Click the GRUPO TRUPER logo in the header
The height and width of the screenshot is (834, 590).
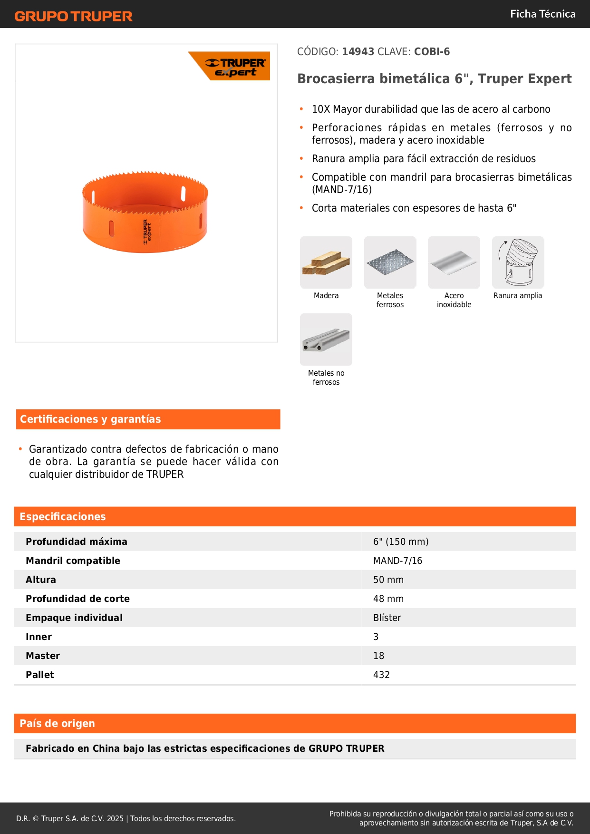pyautogui.click(x=73, y=16)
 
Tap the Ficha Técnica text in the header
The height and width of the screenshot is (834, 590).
pyautogui.click(x=542, y=14)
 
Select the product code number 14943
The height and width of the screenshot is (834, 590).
pyautogui.click(x=358, y=52)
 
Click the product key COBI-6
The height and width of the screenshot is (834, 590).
pyautogui.click(x=432, y=52)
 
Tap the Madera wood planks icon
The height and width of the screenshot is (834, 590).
pyautogui.click(x=326, y=262)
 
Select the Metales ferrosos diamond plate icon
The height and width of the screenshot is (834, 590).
pyautogui.click(x=390, y=262)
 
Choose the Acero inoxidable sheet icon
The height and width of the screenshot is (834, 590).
pyautogui.click(x=454, y=262)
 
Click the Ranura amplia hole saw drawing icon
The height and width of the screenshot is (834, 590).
pyautogui.click(x=518, y=262)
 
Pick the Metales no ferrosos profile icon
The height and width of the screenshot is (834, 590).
pyautogui.click(x=326, y=339)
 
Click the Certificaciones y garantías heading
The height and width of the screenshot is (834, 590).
pyautogui.click(x=90, y=419)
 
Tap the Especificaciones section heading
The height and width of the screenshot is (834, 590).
pyautogui.click(x=63, y=517)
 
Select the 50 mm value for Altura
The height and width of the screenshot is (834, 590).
pyautogui.click(x=388, y=580)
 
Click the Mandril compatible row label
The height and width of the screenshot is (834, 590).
pyautogui.click(x=73, y=561)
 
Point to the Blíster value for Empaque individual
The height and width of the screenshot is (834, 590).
pyautogui.click(x=387, y=618)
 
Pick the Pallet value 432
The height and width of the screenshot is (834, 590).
pyautogui.click(x=381, y=675)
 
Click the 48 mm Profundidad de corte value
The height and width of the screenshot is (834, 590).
pyautogui.click(x=388, y=599)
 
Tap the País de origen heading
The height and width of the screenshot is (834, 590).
pyautogui.click(x=57, y=724)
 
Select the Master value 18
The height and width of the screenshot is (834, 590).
pyautogui.click(x=378, y=656)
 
